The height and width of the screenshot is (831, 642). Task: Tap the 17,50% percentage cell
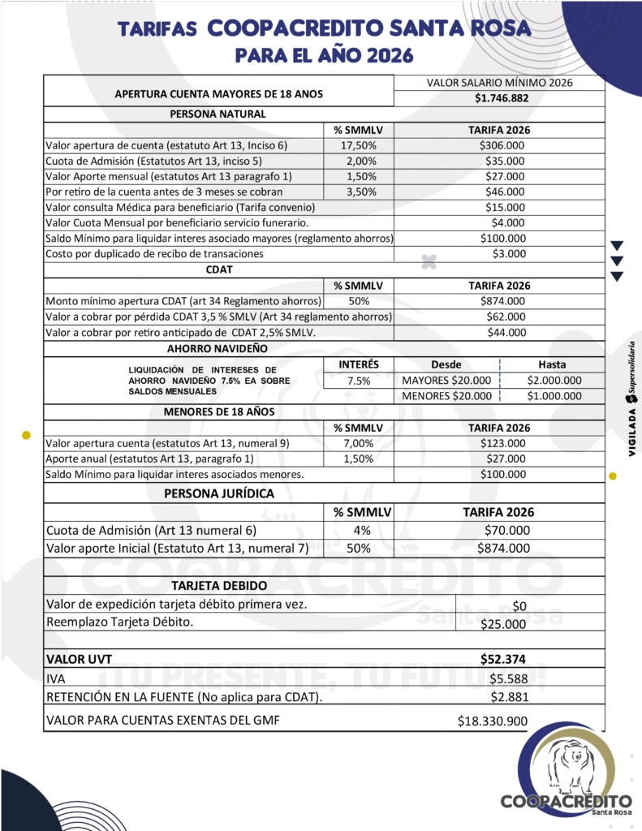[x=358, y=145]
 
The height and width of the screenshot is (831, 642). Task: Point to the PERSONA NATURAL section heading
[x=218, y=114]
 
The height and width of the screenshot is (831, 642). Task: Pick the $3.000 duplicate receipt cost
[x=509, y=253]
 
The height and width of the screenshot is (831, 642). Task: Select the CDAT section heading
[x=218, y=269]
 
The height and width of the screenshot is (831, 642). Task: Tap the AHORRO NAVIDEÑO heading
[x=218, y=348]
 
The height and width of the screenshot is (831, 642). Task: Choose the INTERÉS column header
[x=358, y=365]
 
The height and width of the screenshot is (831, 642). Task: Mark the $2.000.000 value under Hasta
[x=554, y=381]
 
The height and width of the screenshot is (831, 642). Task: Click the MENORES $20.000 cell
[x=447, y=396]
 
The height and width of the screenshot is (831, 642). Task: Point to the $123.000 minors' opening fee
[x=502, y=443]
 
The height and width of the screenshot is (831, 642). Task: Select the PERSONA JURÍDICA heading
[x=219, y=493]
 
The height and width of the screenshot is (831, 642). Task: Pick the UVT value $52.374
[x=502, y=659]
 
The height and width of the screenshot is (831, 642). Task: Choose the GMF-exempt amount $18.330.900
[x=493, y=721]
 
